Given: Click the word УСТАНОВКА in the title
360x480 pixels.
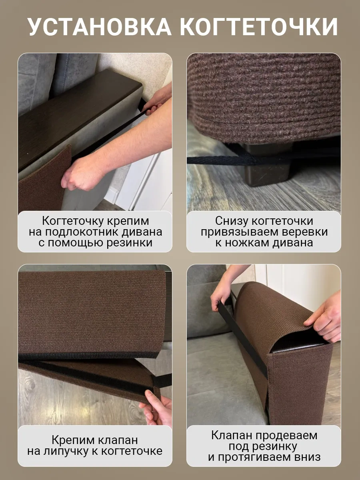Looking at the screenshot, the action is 100,27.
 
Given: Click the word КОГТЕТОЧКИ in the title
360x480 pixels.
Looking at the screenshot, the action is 260,27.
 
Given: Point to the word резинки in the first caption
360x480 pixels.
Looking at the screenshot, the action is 129,243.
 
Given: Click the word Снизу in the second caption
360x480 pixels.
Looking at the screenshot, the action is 232,221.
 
